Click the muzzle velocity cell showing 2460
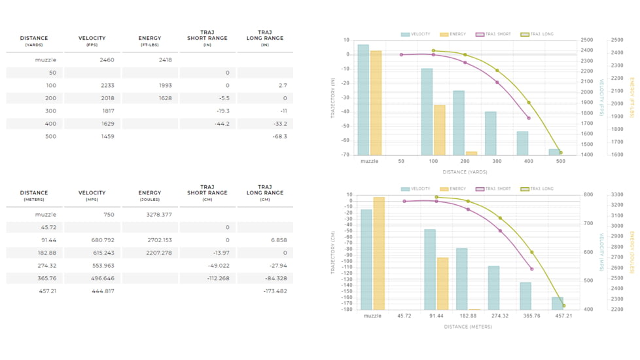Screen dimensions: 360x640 (107, 60)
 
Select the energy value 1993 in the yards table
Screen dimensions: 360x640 (165, 86)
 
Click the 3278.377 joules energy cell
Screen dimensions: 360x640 (159, 215)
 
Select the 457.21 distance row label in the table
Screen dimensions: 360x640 (46, 291)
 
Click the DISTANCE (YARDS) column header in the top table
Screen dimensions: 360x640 (34, 41)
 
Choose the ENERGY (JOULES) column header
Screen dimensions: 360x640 (150, 196)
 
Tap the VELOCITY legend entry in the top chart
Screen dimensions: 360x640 (416, 34)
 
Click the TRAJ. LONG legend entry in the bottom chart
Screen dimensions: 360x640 (537, 189)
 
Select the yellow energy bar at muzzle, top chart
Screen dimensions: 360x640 (376, 103)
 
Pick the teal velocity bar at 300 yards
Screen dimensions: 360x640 (490, 134)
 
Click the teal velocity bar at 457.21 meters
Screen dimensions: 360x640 (557, 304)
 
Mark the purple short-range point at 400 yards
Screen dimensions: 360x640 (529, 118)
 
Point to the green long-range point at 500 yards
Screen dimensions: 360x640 (561, 153)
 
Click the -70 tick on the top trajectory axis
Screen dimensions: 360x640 (346, 154)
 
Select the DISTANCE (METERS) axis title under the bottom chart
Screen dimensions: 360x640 (468, 327)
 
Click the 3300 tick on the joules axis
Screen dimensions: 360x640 (616, 195)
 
